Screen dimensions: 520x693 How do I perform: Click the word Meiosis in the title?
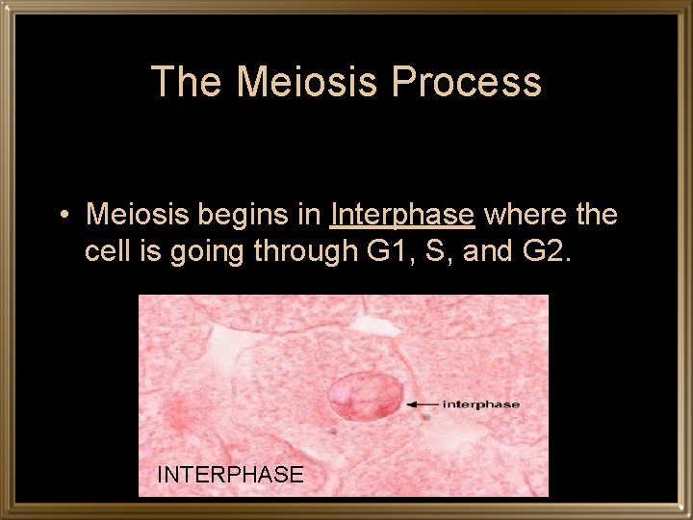[307, 82]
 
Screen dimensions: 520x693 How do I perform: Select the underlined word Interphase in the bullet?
[402, 214]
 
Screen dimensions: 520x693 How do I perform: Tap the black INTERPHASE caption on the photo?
[230, 474]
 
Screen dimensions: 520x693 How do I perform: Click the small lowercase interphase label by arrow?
[480, 404]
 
